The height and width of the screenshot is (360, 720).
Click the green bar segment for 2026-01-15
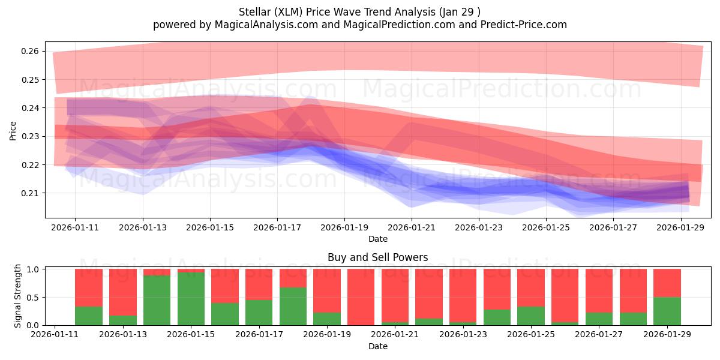click(191, 299)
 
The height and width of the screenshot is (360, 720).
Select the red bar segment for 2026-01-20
click(361, 297)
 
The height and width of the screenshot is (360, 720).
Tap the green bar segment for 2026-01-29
click(667, 311)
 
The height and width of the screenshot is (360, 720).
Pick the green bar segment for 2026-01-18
click(293, 306)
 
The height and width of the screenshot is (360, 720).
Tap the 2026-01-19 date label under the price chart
click(344, 228)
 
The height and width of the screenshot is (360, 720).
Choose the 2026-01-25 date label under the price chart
click(546, 228)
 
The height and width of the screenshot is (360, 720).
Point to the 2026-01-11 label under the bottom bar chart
click(55, 335)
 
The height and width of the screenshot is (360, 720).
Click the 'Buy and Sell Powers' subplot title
click(378, 257)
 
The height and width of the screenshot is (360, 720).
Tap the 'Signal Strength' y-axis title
click(18, 296)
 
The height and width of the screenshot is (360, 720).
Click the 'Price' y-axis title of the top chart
click(13, 130)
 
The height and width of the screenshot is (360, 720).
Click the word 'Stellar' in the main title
click(255, 11)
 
